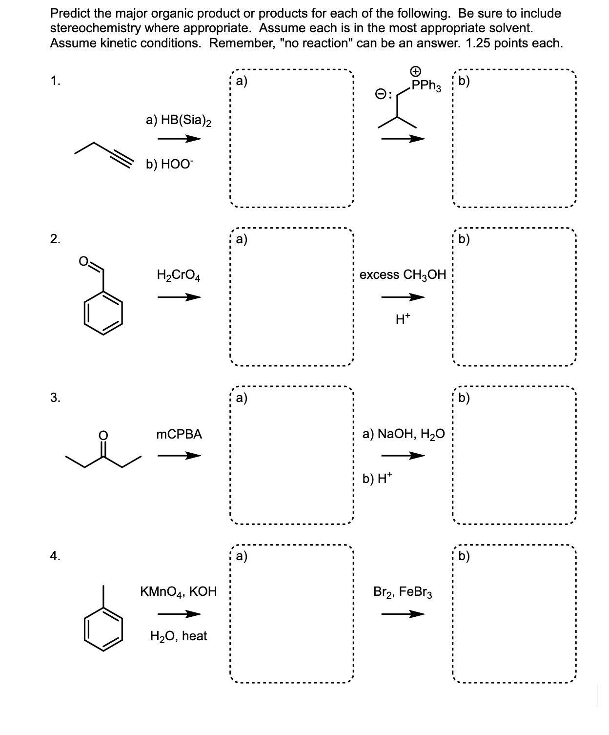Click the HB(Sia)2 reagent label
(x=179, y=120)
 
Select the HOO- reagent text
(x=169, y=165)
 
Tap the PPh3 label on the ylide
(x=426, y=87)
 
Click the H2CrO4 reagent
(x=179, y=275)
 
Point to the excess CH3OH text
(x=403, y=275)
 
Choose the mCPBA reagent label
(x=179, y=434)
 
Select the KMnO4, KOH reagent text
(x=178, y=592)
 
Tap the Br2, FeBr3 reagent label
(x=403, y=592)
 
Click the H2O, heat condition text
(x=179, y=636)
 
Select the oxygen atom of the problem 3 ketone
(x=103, y=435)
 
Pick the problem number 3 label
(x=55, y=398)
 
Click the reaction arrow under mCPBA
(x=179, y=456)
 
